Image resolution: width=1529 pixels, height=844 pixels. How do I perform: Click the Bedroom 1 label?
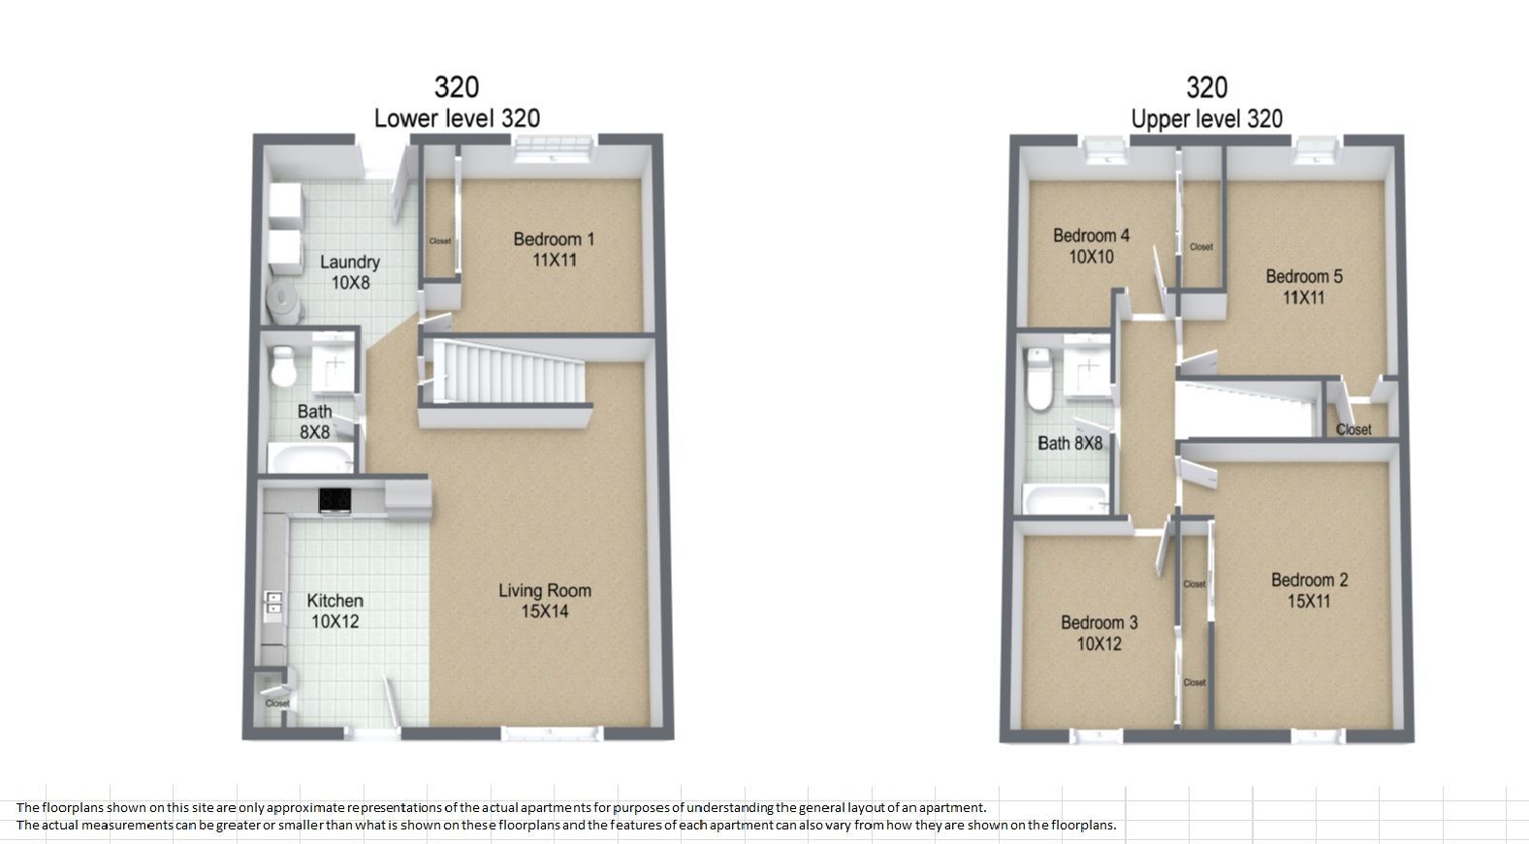(554, 250)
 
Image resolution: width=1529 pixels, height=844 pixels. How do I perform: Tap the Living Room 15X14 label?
(545, 601)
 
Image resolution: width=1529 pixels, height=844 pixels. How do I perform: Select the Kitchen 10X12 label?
(334, 610)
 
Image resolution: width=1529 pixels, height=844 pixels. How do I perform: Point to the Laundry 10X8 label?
(350, 272)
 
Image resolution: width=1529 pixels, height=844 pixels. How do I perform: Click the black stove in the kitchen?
(335, 500)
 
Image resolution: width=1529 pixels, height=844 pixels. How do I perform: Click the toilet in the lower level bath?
(283, 365)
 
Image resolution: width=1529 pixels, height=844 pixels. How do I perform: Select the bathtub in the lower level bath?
(310, 457)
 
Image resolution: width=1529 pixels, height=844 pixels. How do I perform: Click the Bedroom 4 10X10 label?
(1091, 246)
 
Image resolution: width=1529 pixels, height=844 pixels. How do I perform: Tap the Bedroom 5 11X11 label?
(1304, 287)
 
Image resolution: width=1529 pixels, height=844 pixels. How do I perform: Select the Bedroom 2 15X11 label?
(1309, 591)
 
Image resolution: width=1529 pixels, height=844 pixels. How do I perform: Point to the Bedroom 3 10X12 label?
(1099, 633)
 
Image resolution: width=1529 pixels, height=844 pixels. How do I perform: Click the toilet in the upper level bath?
(1039, 379)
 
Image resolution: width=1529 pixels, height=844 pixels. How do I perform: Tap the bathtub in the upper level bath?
(1067, 500)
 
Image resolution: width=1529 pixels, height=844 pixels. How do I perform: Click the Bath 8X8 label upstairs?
(1069, 444)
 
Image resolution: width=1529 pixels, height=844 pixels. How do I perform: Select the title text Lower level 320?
(457, 119)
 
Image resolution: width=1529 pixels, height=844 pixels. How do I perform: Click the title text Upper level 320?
(1207, 119)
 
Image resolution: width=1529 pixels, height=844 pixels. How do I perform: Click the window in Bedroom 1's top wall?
(554, 148)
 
